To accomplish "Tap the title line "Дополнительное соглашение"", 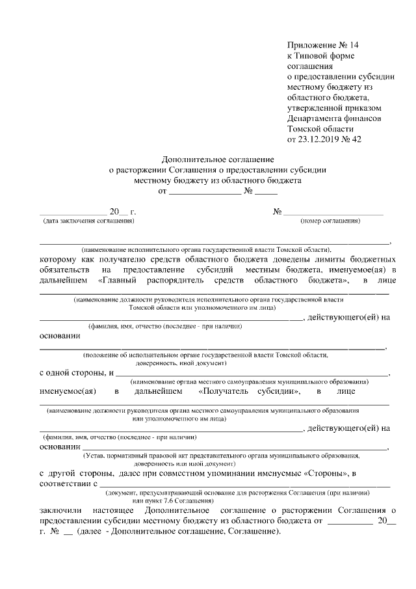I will (217, 159).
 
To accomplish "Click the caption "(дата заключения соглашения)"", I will (88, 221).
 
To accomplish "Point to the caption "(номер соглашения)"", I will (330, 221).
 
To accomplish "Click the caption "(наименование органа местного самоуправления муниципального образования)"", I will (250, 381).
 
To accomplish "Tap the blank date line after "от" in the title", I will (205, 193).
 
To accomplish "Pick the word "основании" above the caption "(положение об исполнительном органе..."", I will (60, 337).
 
